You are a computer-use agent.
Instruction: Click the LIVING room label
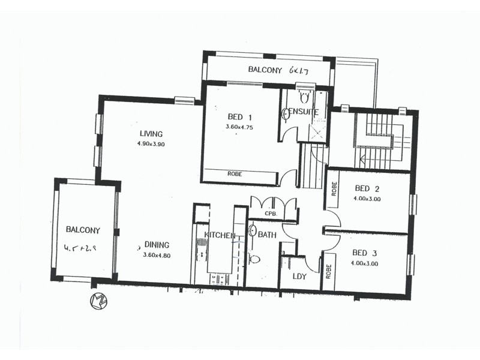[x=151, y=134]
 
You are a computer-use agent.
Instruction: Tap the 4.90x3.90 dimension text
[x=151, y=145]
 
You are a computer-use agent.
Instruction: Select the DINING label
[x=157, y=245]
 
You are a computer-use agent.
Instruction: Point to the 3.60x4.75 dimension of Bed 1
[x=241, y=127]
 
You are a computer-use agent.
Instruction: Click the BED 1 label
[x=240, y=116]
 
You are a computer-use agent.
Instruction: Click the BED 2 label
[x=367, y=188]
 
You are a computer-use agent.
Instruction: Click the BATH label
[x=268, y=235]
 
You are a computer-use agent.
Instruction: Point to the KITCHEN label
[x=220, y=235]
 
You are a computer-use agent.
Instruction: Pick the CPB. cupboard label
[x=270, y=213]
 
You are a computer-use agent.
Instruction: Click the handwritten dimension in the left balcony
[x=83, y=248]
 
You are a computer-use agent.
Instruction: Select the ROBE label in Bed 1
[x=235, y=174]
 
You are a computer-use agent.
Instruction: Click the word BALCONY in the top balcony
[x=266, y=70]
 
